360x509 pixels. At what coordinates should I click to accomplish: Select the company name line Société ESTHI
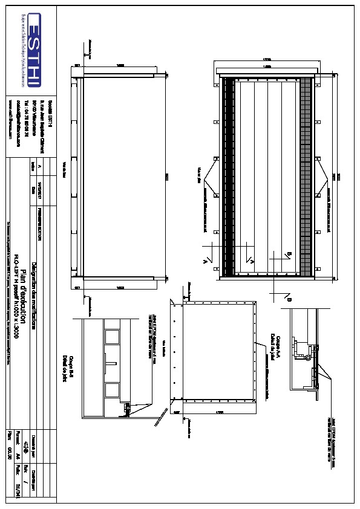point(51,114)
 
